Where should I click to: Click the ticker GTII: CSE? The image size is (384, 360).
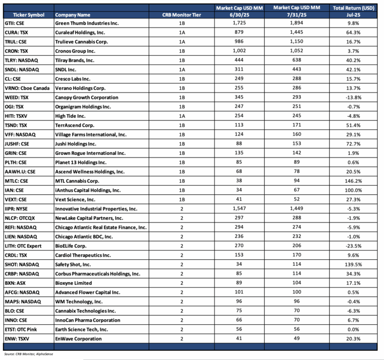(x=15, y=24)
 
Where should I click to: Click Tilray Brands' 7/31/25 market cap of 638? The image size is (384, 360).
(x=297, y=60)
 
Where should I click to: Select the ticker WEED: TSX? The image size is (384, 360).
(x=16, y=98)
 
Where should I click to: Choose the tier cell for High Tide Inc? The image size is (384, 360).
(x=182, y=116)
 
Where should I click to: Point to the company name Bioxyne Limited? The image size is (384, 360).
(x=73, y=283)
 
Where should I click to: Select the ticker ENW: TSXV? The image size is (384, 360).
(x=16, y=339)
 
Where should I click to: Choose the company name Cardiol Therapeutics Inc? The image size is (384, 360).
(x=82, y=255)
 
